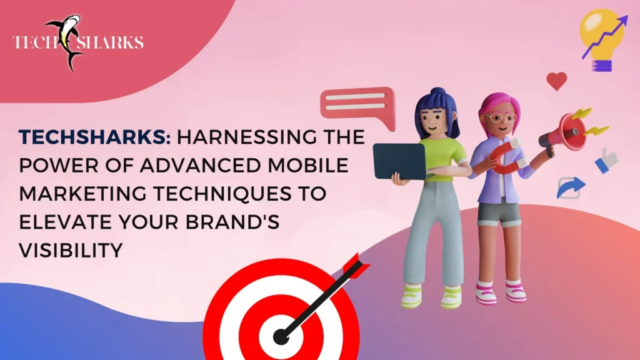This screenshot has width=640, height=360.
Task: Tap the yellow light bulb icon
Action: point(601,39)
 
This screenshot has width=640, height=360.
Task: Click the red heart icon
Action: point(557,81)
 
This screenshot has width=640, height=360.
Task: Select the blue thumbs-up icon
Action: point(606,161)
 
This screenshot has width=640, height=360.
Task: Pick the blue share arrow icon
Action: point(571,187)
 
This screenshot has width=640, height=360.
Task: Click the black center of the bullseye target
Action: point(281,337)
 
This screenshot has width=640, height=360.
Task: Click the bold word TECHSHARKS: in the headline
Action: point(95,137)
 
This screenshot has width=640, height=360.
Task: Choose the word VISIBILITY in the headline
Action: point(71,250)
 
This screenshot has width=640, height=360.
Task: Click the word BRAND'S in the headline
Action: point(232,222)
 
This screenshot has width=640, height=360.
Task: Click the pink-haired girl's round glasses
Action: point(499,118)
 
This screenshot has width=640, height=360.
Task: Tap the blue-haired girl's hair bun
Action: point(438,92)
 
